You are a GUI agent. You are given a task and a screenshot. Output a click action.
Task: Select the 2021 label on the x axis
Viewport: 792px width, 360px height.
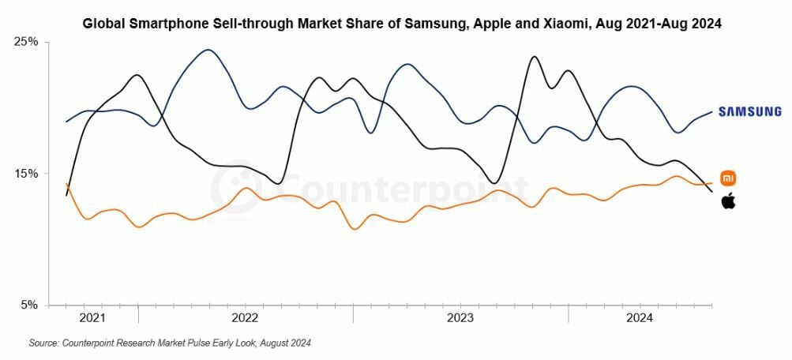pos(92,318)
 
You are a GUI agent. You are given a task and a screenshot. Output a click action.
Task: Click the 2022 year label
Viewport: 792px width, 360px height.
pos(245,318)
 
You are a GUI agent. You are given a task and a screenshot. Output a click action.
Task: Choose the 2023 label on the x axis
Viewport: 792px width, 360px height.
pos(460,318)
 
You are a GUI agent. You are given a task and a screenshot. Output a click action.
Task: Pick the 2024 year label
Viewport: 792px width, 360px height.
pos(640,318)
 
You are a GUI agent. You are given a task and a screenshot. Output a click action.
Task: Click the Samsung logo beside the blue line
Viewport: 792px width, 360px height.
pos(749,112)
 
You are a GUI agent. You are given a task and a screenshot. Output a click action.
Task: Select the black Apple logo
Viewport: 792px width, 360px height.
pos(728,201)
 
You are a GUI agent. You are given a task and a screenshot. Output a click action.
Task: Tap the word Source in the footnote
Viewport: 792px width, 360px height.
pos(44,343)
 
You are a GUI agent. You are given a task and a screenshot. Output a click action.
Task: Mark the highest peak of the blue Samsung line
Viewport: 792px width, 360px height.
pos(208,50)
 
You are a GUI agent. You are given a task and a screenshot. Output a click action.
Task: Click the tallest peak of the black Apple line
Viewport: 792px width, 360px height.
pos(535,57)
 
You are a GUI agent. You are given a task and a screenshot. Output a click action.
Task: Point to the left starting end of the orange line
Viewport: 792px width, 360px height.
pos(66,184)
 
